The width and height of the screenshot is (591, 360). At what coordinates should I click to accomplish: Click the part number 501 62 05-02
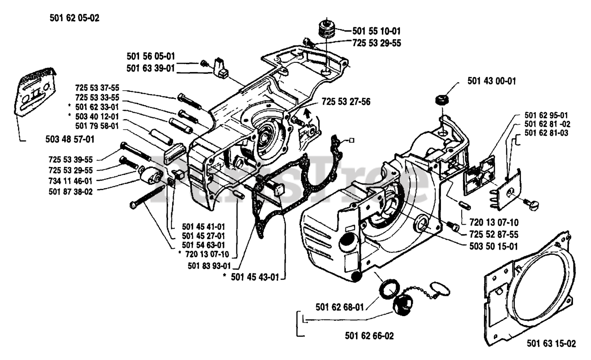click(x=74, y=18)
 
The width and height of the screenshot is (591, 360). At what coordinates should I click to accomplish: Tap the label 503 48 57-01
click(x=70, y=139)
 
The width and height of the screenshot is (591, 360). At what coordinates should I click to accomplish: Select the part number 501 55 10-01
click(x=376, y=31)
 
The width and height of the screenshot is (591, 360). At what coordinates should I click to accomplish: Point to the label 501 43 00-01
click(x=492, y=81)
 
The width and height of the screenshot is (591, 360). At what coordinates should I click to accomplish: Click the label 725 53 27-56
click(x=346, y=102)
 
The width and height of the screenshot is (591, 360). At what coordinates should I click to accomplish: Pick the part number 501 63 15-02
click(x=551, y=343)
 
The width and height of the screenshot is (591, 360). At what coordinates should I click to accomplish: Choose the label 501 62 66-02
click(x=369, y=336)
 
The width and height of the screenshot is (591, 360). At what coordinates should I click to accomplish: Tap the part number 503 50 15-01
click(x=494, y=246)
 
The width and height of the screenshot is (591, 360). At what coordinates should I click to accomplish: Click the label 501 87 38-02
click(x=71, y=192)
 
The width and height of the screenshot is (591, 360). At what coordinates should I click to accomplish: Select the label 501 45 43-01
click(x=255, y=277)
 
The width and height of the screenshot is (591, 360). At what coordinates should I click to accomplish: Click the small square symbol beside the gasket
click(x=351, y=141)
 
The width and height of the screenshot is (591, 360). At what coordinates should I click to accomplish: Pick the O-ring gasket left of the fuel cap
click(x=389, y=289)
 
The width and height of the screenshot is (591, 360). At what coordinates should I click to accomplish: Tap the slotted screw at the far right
click(x=531, y=204)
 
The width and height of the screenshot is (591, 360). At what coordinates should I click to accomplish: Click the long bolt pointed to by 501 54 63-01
click(x=147, y=197)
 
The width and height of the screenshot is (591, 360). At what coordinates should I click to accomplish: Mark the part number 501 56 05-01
click(x=151, y=56)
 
